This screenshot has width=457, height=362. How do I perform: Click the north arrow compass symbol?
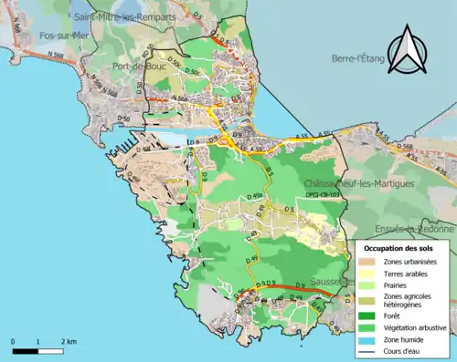click(x=407, y=50)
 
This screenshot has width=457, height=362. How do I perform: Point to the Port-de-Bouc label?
click(x=135, y=66)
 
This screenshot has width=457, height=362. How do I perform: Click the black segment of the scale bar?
click(x=25, y=350)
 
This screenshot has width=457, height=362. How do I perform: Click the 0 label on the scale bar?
click(x=13, y=341)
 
